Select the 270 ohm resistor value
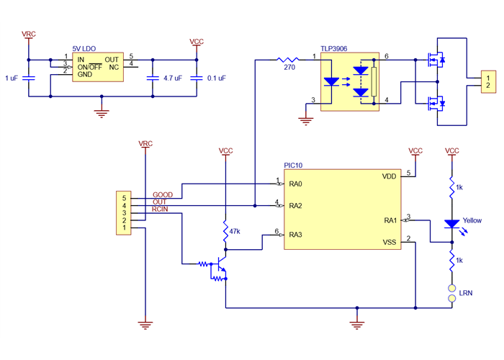tap(289, 68)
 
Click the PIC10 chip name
tap(294, 166)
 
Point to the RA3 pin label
tap(295, 235)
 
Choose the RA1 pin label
tap(390, 220)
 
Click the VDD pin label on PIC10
tap(390, 176)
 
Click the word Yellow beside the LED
tap(472, 220)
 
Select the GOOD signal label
tap(163, 195)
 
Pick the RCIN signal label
tap(161, 210)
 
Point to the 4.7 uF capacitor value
tap(174, 78)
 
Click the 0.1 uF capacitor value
tap(216, 78)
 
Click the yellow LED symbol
tap(452, 225)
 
